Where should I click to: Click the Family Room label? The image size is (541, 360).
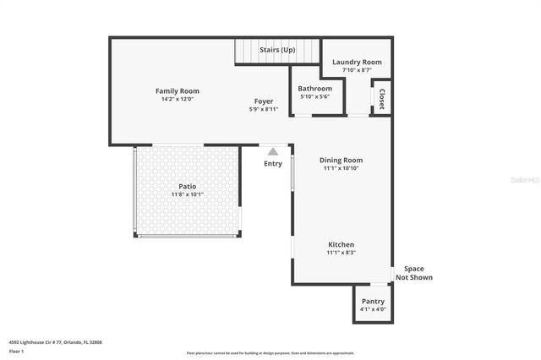click(x=177, y=90)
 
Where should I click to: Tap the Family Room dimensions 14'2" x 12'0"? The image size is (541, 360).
click(x=177, y=99)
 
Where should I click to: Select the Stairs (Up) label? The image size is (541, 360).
click(x=277, y=50)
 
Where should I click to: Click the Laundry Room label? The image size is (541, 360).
click(x=357, y=62)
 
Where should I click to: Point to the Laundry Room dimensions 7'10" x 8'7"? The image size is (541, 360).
click(x=357, y=70)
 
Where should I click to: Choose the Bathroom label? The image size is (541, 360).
click(x=316, y=88)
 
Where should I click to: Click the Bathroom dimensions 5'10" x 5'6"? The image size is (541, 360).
click(x=316, y=96)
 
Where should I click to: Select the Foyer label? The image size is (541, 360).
click(x=264, y=101)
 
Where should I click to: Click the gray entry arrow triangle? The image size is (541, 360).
click(x=272, y=151)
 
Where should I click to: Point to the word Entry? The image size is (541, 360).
click(x=273, y=163)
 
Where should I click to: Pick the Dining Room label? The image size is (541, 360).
click(x=341, y=160)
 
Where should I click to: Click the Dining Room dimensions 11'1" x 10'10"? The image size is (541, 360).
click(x=341, y=168)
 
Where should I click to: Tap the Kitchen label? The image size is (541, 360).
click(x=341, y=244)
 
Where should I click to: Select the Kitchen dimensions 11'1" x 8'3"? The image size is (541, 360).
click(x=341, y=253)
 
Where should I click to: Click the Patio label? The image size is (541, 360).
click(x=187, y=186)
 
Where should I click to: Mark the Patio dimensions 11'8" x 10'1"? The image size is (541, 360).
click(x=187, y=194)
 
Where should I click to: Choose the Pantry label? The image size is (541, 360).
click(x=373, y=301)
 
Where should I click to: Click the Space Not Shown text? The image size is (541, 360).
click(x=414, y=273)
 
